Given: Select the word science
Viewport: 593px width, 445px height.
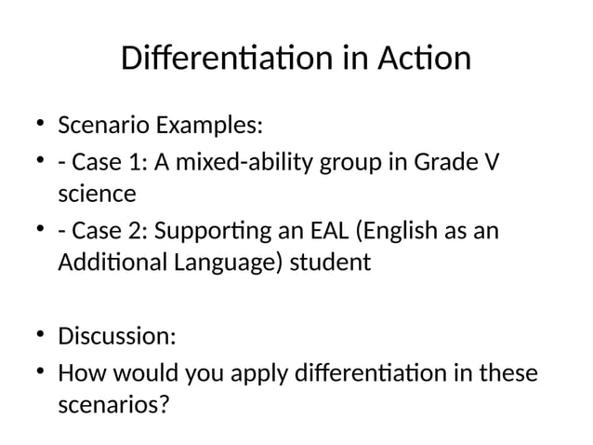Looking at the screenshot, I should click(x=97, y=194).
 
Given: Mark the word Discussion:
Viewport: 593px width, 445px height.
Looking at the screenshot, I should click(x=116, y=333).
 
